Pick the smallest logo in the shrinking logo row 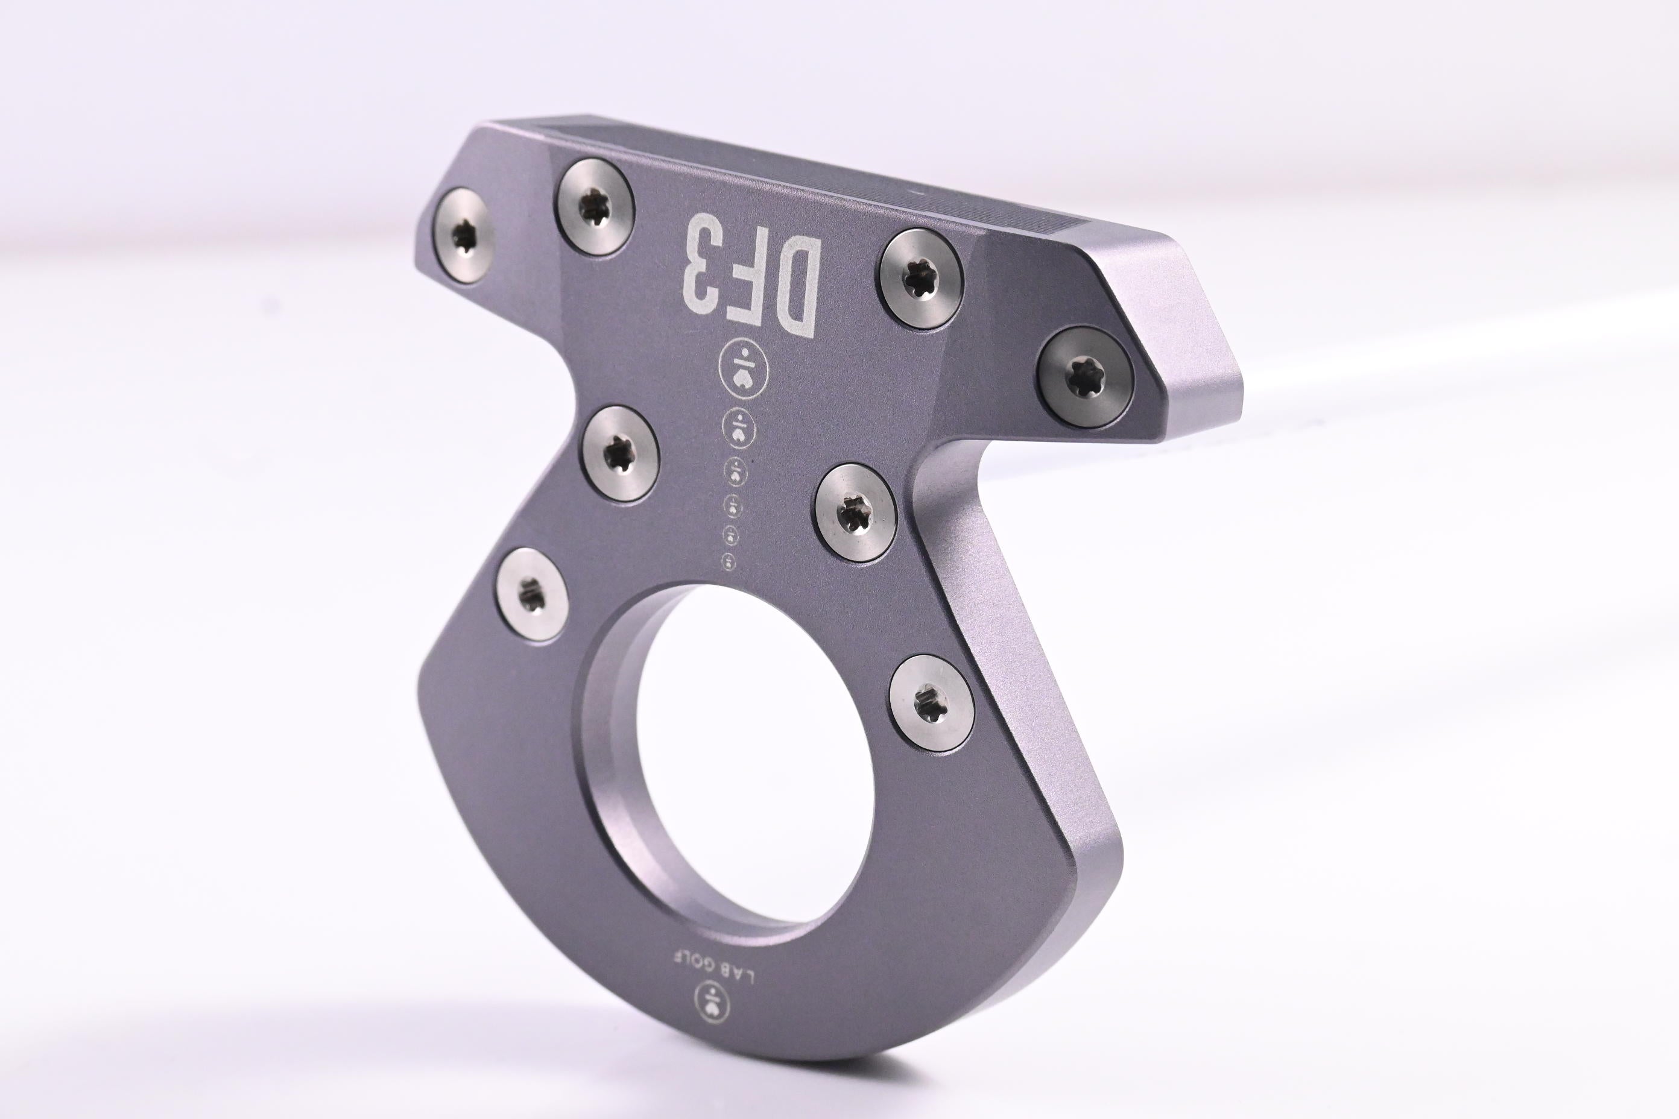pyautogui.click(x=730, y=560)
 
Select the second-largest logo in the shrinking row pyautogui.click(x=739, y=428)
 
